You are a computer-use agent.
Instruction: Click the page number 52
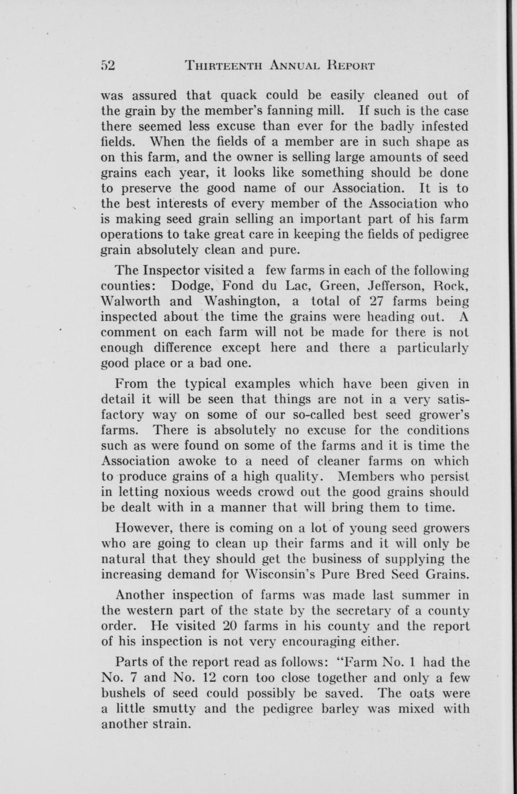click(x=108, y=65)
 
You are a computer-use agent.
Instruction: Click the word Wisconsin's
click(x=342, y=574)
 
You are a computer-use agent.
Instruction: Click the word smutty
click(x=172, y=708)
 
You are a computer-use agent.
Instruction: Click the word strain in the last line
click(x=168, y=724)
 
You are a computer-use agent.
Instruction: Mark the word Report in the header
click(x=349, y=65)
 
